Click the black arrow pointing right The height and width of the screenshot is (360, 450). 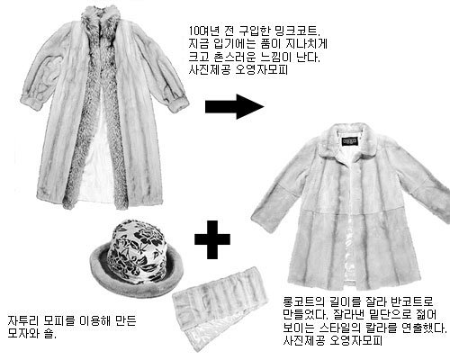coord(235,106)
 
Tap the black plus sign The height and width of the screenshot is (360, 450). coord(212,239)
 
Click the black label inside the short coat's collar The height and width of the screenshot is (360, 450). coord(350,141)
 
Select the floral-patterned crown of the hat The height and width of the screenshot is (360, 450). coord(138,250)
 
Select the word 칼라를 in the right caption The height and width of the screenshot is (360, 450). coord(382,328)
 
